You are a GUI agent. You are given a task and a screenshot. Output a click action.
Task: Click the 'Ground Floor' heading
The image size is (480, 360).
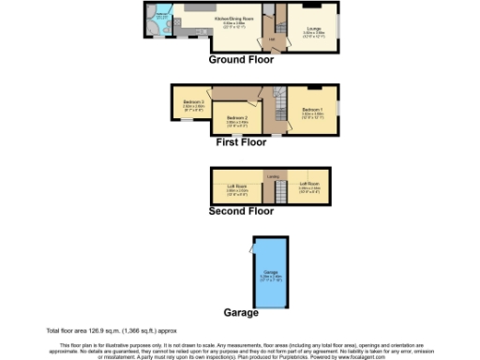pos(241,59)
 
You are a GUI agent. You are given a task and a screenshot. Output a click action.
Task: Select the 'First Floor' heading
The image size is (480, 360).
pos(241,143)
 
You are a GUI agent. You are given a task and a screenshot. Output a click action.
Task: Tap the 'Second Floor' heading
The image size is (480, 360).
pos(241,211)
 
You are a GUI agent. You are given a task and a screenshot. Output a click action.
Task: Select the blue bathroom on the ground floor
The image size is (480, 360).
pos(162,22)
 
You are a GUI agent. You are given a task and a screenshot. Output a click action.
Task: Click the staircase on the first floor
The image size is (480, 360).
pos(277,97)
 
